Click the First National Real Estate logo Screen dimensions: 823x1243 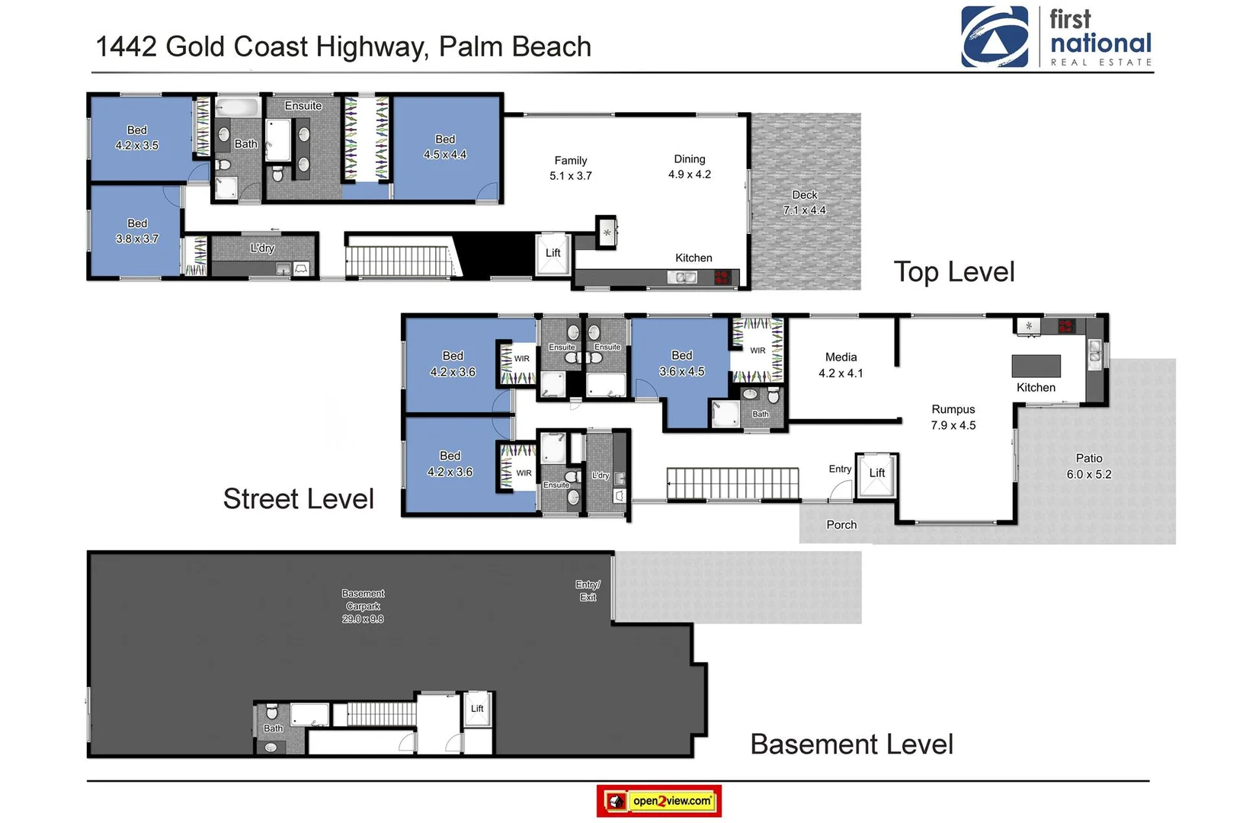1056,37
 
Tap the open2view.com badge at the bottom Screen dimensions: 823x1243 658,801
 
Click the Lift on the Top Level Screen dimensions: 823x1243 553,253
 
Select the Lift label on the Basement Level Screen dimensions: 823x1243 477,709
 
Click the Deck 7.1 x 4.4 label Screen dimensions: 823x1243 804,203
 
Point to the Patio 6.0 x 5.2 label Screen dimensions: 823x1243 1088,466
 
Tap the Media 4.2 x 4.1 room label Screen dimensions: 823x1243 841,365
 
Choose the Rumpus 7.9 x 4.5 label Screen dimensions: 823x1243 953,418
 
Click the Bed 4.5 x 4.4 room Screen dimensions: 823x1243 445,147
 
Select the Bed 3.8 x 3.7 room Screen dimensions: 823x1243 137,231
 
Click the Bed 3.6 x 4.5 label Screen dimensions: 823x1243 681,363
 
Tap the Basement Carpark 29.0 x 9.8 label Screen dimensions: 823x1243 363,606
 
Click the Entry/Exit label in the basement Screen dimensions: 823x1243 588,591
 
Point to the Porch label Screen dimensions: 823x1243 841,525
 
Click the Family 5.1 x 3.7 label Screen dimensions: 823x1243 571,168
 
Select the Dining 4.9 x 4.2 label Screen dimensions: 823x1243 689,167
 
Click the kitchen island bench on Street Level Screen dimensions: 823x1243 1036,366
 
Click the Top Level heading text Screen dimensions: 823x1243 953,272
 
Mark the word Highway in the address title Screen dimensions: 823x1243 372,47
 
